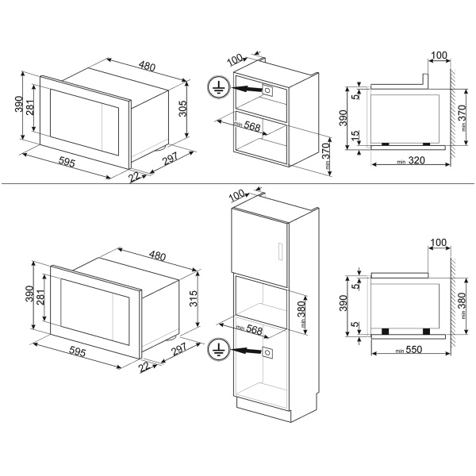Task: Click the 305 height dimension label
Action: coord(182,109)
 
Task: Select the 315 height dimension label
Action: coord(194,298)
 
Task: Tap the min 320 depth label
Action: coord(411,160)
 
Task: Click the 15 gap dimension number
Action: coord(355,135)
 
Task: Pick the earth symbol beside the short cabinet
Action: coord(219,86)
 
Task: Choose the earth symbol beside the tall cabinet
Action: coord(219,350)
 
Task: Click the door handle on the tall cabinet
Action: coord(280,251)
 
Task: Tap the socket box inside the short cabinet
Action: coord(267,90)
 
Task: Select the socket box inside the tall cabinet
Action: coord(267,352)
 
